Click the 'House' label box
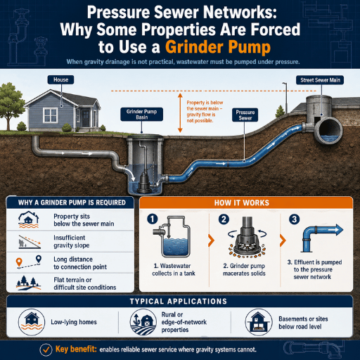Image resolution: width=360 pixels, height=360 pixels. [60, 79]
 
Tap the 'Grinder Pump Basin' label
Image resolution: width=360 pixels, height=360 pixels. [141, 114]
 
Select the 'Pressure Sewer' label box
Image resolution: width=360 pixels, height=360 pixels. [245, 115]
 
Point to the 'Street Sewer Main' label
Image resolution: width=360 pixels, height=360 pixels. [320, 80]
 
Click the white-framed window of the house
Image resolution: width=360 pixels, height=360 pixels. [51, 115]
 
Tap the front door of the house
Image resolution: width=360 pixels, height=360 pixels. [86, 118]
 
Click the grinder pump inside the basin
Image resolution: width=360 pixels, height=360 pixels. [143, 181]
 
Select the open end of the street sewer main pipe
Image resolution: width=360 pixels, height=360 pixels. [328, 130]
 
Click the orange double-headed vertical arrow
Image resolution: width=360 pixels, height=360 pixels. [180, 112]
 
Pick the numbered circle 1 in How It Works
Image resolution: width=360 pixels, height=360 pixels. [153, 219]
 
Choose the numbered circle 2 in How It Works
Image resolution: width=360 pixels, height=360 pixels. [224, 219]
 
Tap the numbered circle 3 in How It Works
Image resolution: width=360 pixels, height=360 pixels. [295, 219]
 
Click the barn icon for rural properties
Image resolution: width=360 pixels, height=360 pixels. [143, 322]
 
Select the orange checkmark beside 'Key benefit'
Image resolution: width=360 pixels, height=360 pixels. [46, 349]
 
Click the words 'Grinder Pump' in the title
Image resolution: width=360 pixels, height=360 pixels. [218, 47]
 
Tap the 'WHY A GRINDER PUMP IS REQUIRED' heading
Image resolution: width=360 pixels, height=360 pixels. [72, 202]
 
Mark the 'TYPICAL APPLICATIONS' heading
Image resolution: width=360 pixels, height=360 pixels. [179, 301]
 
